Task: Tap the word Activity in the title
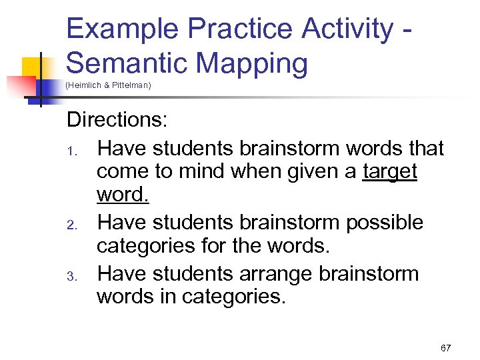tap(347, 29)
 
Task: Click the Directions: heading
tap(117, 121)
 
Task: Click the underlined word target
tap(390, 172)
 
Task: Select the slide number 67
tap(446, 348)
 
